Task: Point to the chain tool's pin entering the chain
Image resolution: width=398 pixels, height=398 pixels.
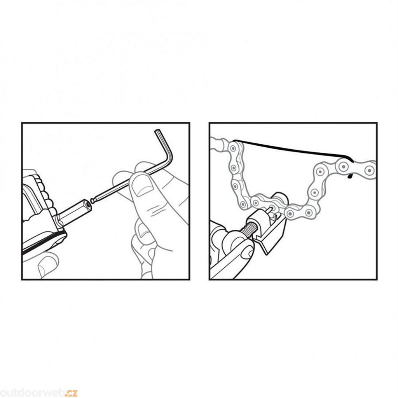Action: (268, 210)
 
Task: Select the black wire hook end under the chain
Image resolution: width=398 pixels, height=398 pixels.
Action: (350, 176)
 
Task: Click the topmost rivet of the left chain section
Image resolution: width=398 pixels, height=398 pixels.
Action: (233, 147)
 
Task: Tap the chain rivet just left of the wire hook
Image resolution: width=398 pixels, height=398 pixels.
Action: (344, 167)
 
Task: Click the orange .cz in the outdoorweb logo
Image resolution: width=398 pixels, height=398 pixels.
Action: (72, 393)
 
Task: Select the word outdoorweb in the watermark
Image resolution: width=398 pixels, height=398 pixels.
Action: (33, 393)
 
